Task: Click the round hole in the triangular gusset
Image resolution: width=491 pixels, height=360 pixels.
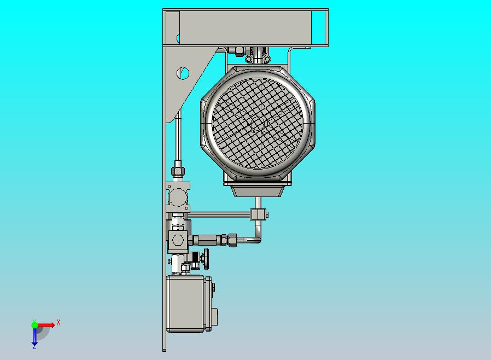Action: [x=183, y=73]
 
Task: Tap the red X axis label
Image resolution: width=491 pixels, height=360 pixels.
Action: [x=59, y=322]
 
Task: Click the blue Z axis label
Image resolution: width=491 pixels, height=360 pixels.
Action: [x=34, y=346]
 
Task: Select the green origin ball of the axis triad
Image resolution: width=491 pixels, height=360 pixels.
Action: [x=34, y=324]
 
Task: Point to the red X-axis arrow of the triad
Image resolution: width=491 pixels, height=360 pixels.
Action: [x=46, y=325]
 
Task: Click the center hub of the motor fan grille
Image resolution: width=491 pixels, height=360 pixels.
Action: [x=258, y=123]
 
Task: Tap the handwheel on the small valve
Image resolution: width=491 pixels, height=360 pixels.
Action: [x=206, y=259]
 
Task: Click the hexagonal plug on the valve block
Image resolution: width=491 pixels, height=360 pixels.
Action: [x=178, y=240]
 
